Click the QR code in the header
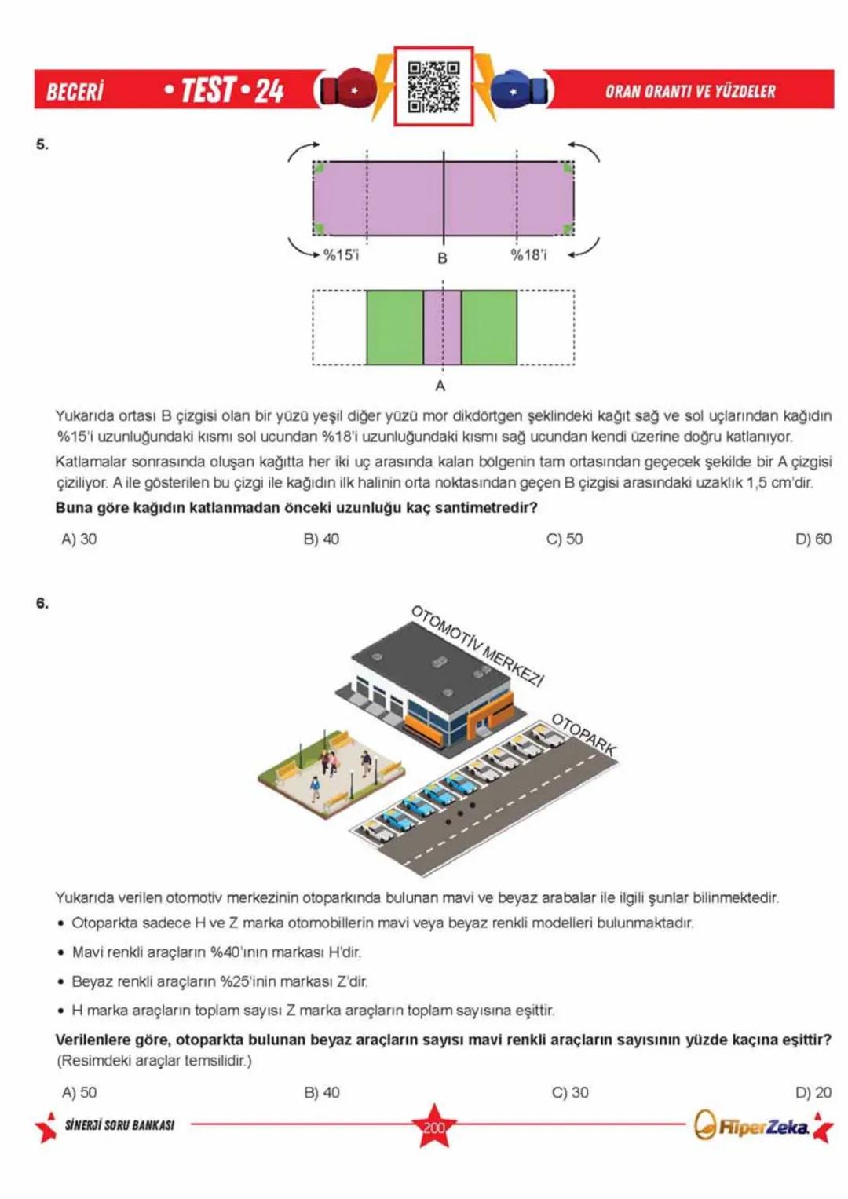[433, 86]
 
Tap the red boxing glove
[346, 90]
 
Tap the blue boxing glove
[519, 90]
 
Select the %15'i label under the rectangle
[341, 254]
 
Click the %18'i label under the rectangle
[528, 254]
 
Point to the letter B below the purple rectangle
[442, 258]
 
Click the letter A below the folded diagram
[440, 386]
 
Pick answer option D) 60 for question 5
[813, 539]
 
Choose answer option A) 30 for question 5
[79, 539]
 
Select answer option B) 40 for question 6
[321, 1092]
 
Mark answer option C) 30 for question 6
[569, 1092]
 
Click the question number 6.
[42, 603]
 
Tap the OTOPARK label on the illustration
[583, 734]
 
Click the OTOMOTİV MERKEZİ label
[477, 646]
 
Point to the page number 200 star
[433, 1127]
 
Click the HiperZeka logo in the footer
[751, 1127]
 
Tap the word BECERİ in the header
[75, 91]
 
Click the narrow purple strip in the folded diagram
[442, 327]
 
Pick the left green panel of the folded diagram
[394, 327]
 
